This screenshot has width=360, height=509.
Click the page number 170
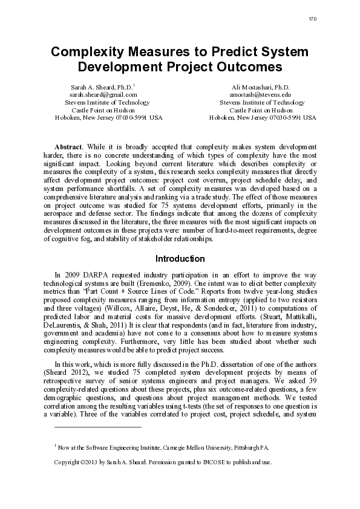(312, 19)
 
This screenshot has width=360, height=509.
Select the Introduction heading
(180, 259)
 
